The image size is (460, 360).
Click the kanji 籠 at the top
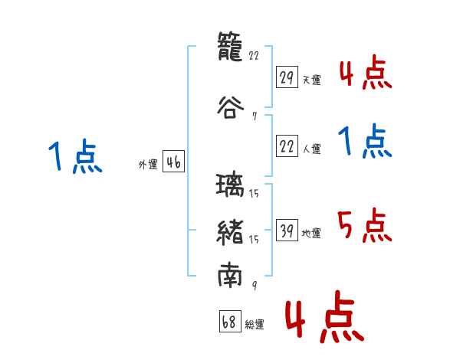click(x=230, y=46)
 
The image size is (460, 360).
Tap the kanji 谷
click(x=230, y=107)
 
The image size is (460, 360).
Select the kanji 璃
click(x=230, y=185)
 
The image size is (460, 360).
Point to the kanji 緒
click(x=230, y=232)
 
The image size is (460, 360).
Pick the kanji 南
click(x=230, y=275)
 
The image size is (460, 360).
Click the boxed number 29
click(x=287, y=77)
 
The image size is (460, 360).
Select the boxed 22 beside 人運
click(x=287, y=146)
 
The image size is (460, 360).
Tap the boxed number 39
click(x=287, y=230)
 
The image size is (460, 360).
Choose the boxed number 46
click(x=174, y=162)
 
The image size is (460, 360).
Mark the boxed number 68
click(x=230, y=321)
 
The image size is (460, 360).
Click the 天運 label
click(x=312, y=80)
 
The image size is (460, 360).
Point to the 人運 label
click(x=312, y=149)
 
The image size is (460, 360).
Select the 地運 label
click(x=311, y=233)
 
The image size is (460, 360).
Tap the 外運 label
click(x=148, y=165)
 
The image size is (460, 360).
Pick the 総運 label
click(x=255, y=324)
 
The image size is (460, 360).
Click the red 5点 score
click(x=364, y=225)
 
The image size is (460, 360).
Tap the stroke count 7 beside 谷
click(x=255, y=116)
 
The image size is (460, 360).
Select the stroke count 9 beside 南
click(x=255, y=285)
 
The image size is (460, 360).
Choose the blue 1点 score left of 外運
click(x=75, y=156)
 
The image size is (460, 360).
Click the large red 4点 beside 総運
click(x=325, y=316)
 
